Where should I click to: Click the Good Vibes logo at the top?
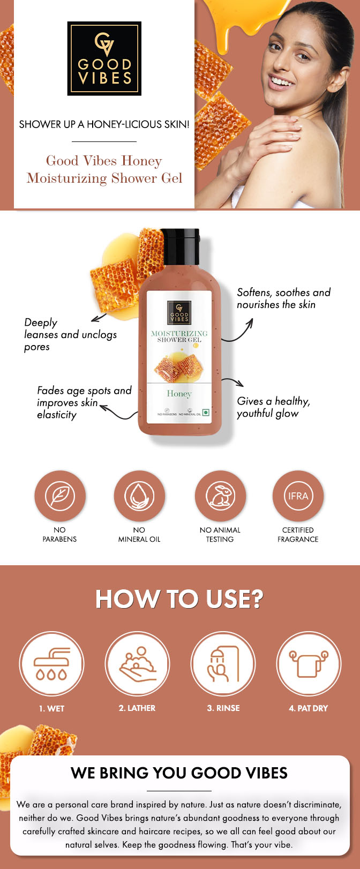click(x=104, y=58)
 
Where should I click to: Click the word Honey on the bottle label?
click(x=179, y=394)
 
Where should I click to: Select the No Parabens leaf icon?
click(x=60, y=496)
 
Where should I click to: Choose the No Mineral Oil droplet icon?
click(x=139, y=496)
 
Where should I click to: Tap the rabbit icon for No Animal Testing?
click(x=220, y=496)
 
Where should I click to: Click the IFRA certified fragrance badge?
click(x=298, y=496)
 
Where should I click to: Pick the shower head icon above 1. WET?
click(x=51, y=664)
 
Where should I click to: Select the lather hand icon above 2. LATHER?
click(x=137, y=664)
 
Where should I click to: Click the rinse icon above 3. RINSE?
click(x=223, y=664)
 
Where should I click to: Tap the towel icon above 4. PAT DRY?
click(x=309, y=664)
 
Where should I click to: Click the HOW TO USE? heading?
click(x=179, y=599)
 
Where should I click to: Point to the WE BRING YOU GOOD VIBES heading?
click(x=179, y=773)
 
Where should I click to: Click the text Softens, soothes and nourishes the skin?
click(x=283, y=298)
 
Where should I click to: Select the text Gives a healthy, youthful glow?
click(x=273, y=407)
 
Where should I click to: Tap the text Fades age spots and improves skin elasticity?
click(x=84, y=402)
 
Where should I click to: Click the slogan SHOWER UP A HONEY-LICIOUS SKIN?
click(x=104, y=124)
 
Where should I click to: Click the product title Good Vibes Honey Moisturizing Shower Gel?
click(x=104, y=169)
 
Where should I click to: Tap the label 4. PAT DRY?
click(x=308, y=708)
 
